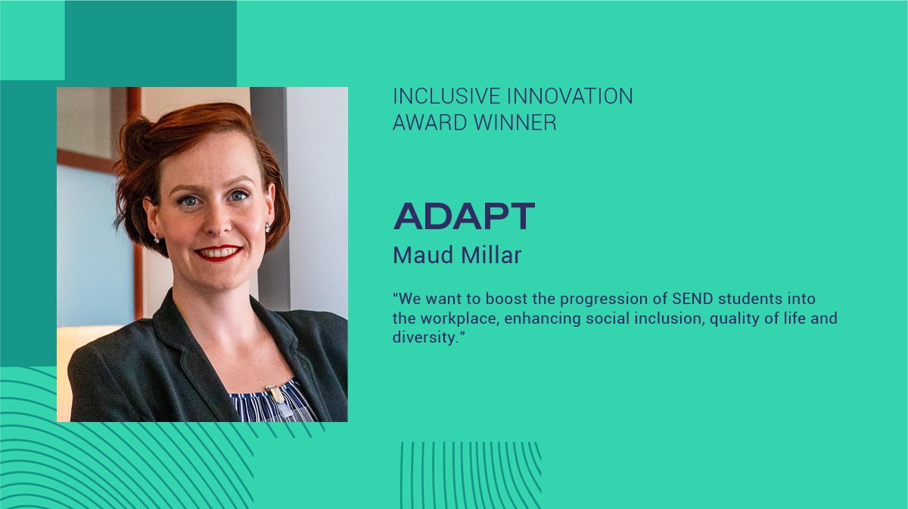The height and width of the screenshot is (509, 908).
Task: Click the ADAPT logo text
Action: click(464, 217)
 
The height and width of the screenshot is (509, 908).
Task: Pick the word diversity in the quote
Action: click(425, 338)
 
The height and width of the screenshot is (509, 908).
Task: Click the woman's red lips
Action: click(219, 252)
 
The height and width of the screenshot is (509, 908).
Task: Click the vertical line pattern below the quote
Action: click(470, 475)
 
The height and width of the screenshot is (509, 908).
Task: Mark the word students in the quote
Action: click(734, 299)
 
